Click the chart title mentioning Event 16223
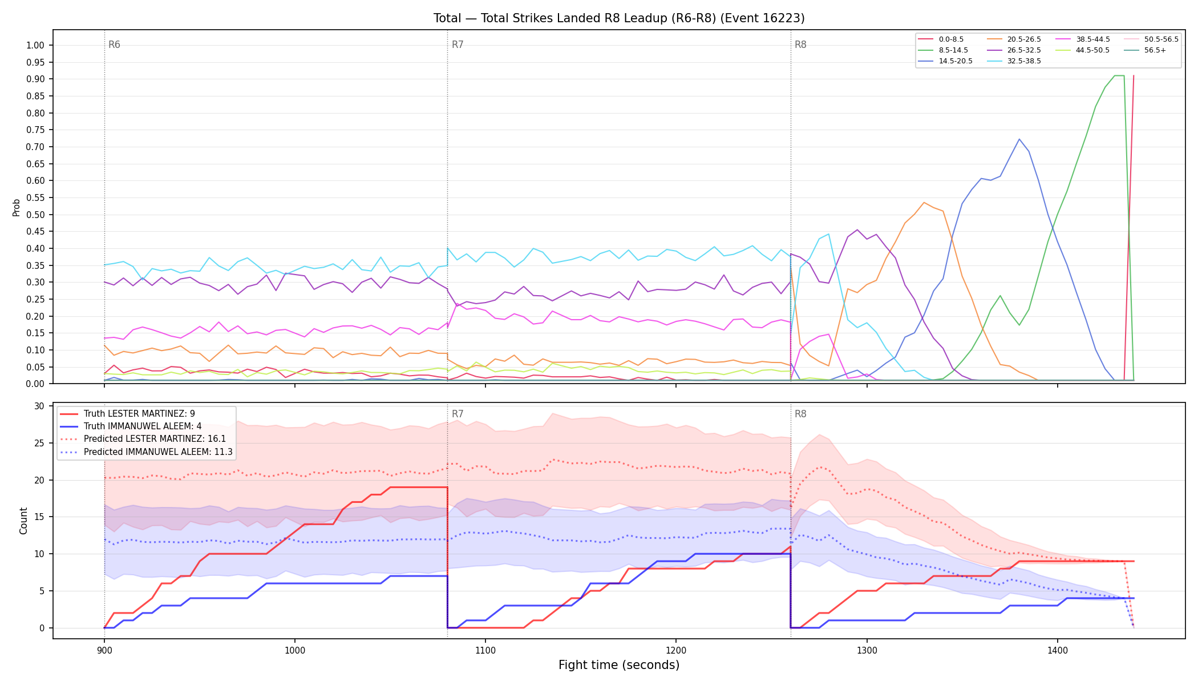(x=619, y=18)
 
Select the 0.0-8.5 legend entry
(x=941, y=39)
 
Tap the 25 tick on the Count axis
(x=39, y=443)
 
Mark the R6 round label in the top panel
(x=114, y=45)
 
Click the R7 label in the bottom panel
(x=458, y=414)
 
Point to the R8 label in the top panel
(x=800, y=45)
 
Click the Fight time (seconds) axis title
(x=619, y=665)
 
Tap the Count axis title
(x=23, y=521)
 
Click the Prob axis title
(x=16, y=207)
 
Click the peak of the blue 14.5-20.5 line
(x=1019, y=139)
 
